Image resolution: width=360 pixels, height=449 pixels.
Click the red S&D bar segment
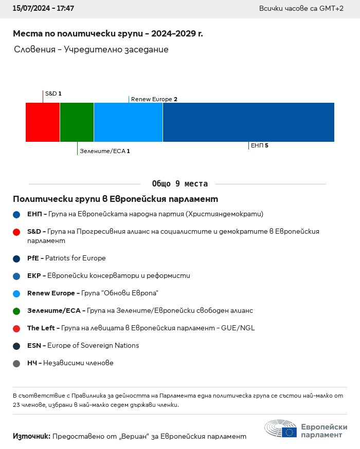pyautogui.click(x=43, y=122)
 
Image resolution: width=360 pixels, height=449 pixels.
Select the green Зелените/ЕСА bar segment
pyautogui.click(x=77, y=122)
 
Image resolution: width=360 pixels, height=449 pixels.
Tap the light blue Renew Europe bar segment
pyautogui.click(x=128, y=122)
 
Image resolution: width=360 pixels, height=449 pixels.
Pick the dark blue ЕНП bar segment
pyautogui.click(x=248, y=122)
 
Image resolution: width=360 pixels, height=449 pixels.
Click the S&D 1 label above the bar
pyautogui.click(x=53, y=93)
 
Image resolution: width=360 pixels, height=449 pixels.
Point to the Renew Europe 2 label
pyautogui.click(x=154, y=99)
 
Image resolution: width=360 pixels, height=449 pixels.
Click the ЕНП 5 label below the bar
pyautogui.click(x=259, y=146)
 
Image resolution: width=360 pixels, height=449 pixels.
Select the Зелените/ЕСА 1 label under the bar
pyautogui.click(x=104, y=151)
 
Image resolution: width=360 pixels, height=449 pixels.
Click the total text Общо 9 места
pyautogui.click(x=180, y=184)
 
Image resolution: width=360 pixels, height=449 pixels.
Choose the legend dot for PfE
pyautogui.click(x=16, y=258)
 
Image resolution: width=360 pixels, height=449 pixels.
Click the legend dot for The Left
pyautogui.click(x=16, y=328)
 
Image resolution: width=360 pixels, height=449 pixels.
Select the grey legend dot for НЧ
pyautogui.click(x=16, y=363)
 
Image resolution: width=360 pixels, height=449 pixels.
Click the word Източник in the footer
pyautogui.click(x=31, y=436)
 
